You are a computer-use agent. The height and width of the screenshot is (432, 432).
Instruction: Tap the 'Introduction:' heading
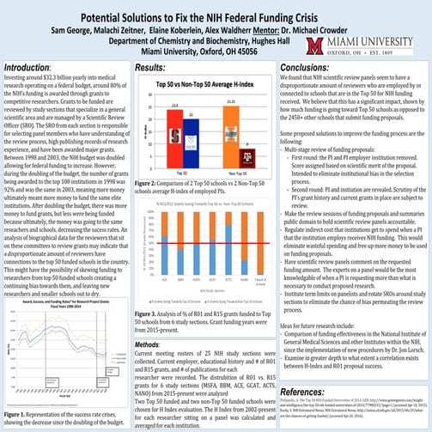coord(26,66)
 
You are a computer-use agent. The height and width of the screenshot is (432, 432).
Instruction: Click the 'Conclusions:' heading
coord(308,66)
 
